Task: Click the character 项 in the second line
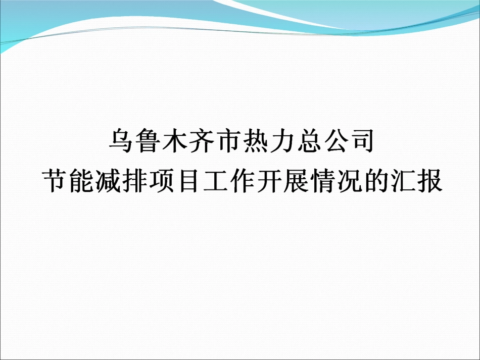[164, 180]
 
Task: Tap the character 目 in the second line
[191, 180]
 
